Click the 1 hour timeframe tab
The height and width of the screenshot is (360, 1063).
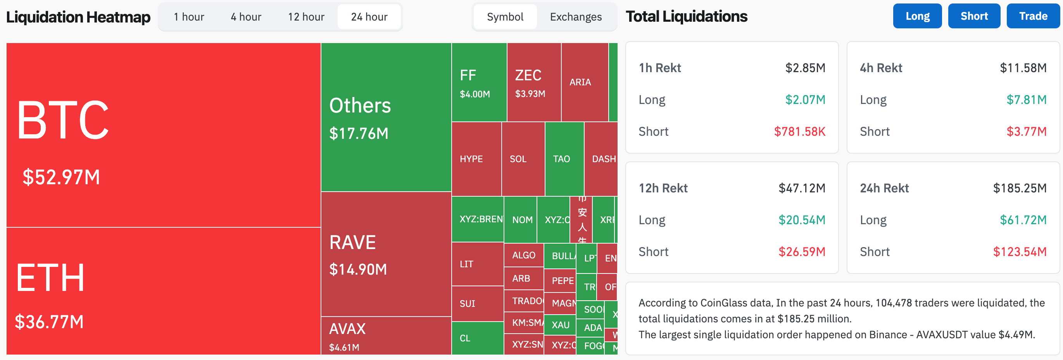(188, 17)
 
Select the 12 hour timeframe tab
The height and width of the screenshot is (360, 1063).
(306, 17)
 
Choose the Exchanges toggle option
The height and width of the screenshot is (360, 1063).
(575, 17)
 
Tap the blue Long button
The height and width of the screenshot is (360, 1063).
(917, 16)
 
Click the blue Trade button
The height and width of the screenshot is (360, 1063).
(1033, 16)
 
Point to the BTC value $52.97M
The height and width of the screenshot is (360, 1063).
(61, 177)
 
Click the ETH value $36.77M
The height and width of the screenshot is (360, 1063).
(49, 322)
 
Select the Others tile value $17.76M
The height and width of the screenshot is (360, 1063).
(359, 133)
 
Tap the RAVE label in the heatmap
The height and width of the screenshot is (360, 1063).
(352, 242)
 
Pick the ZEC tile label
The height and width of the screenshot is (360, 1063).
(528, 75)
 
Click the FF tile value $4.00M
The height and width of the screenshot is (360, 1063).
(475, 94)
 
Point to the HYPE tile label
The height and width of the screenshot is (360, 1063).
(471, 159)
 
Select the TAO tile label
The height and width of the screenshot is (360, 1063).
(561, 159)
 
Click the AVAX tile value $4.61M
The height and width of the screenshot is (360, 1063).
(344, 347)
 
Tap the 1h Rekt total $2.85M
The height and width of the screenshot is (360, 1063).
(805, 68)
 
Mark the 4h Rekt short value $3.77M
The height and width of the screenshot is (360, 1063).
(1026, 131)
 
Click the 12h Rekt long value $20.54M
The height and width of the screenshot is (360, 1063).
(801, 220)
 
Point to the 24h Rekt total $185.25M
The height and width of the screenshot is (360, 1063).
(1019, 188)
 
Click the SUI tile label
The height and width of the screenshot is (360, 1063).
(467, 303)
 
